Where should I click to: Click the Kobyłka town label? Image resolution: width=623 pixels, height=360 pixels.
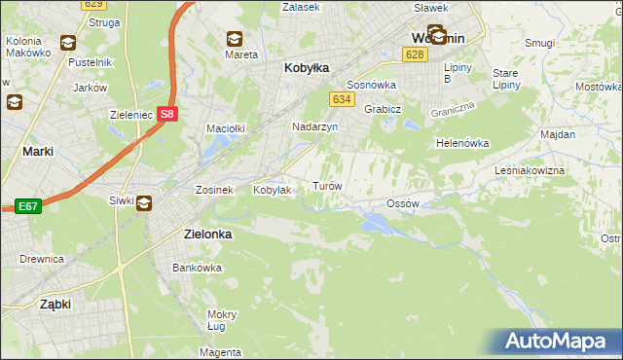[x=307, y=68]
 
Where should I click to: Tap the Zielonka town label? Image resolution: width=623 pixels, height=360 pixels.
[x=207, y=234]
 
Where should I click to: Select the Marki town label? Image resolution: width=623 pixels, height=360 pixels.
[x=37, y=151]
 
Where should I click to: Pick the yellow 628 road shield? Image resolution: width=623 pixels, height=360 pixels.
[x=415, y=54]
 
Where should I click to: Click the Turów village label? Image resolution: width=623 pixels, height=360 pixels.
[x=325, y=185]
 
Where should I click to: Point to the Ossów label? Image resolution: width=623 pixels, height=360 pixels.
[x=402, y=203]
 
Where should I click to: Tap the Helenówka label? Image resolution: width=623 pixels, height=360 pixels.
[x=461, y=143]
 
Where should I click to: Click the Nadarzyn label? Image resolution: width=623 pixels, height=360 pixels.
[x=314, y=126]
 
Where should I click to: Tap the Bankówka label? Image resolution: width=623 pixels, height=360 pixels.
[x=192, y=267]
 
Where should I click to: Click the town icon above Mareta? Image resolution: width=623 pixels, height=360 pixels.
[x=235, y=39]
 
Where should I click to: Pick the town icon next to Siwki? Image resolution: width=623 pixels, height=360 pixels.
[x=144, y=202]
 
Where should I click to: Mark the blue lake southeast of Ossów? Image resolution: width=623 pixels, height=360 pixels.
[x=376, y=225]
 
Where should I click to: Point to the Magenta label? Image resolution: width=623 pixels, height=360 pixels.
[x=222, y=351]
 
